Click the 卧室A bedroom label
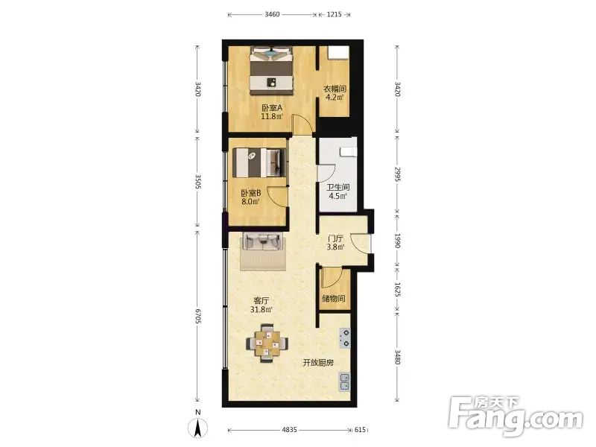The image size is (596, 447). click(272, 107)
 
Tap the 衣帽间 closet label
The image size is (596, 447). click(335, 89)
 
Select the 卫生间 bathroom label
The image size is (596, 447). click(338, 188)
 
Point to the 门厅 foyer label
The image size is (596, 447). click(336, 238)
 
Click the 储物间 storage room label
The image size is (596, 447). click(334, 299)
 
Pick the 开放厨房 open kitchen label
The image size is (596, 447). click(318, 363)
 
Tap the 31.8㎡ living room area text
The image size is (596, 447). click(261, 309)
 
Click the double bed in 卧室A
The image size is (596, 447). click(272, 71)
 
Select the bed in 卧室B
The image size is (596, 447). click(259, 162)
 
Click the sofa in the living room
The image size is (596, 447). click(263, 241)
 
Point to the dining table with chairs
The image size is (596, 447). click(267, 343)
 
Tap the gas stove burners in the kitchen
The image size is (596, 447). click(345, 338)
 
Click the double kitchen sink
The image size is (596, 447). click(345, 382)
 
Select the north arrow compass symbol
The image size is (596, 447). click(197, 425)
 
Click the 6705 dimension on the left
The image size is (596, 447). click(197, 316)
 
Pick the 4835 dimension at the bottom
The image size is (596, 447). click(289, 430)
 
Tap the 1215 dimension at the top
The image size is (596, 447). click(334, 14)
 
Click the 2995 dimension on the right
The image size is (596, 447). click(397, 174)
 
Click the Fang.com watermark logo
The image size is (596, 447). click(515, 416)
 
